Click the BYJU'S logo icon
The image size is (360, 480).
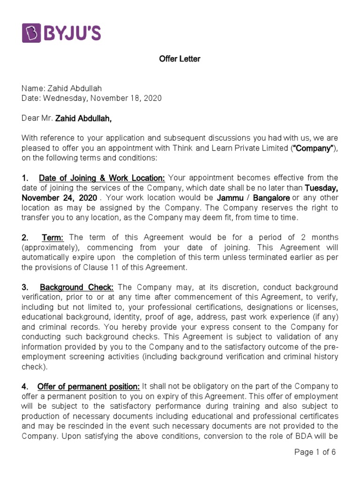coord(32,33)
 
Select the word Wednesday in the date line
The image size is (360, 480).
coord(60,98)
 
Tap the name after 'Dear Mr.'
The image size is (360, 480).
coord(83,118)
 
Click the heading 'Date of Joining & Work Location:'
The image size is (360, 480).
coord(102,178)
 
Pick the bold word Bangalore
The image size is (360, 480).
coord(271,198)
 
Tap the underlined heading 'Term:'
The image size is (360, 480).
coord(53,238)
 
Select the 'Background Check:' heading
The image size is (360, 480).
coord(77,287)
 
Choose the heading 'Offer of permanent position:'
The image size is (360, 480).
coord(89,386)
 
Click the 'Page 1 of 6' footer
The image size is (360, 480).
coord(315,452)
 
